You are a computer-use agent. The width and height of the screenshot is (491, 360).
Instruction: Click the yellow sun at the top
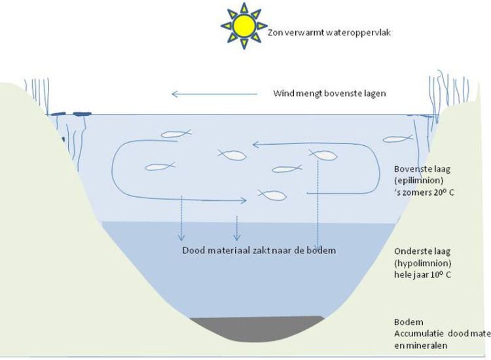tap(244, 25)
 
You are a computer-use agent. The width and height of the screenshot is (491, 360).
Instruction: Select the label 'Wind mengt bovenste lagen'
tap(329, 94)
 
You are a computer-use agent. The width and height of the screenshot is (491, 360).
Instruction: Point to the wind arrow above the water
tap(209, 94)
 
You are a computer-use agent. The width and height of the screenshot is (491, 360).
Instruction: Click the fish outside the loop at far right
tap(397, 139)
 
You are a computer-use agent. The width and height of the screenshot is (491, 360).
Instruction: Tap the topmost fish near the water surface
tap(175, 135)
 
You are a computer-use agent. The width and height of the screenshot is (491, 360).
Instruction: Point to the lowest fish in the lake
tap(272, 194)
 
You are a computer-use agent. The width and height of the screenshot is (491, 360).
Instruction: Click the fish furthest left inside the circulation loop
tap(160, 166)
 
